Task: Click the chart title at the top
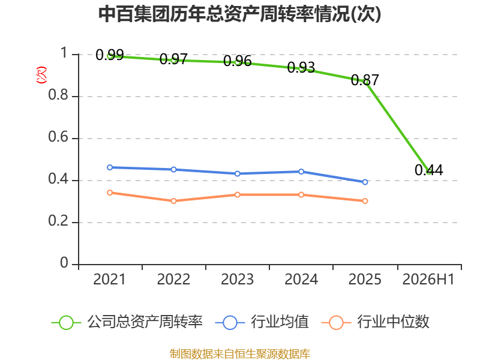point(239,14)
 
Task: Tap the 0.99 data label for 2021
point(110,55)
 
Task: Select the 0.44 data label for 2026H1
point(428,170)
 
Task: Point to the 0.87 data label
point(365,80)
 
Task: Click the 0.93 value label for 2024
point(301,68)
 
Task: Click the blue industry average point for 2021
point(110,167)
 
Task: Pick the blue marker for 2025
point(365,182)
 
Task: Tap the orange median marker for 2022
point(173,201)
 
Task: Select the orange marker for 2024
point(301,194)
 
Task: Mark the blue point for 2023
point(237,173)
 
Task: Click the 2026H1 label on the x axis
point(428,280)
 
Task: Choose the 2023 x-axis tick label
point(237,280)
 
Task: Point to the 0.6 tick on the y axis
point(58,137)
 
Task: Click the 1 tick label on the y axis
point(64,53)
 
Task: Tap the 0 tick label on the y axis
point(64,263)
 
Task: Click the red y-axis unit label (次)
point(41,75)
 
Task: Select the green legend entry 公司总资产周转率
point(127,322)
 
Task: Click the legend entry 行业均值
point(262,322)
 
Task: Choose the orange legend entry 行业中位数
point(376,322)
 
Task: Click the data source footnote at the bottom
point(240,354)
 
